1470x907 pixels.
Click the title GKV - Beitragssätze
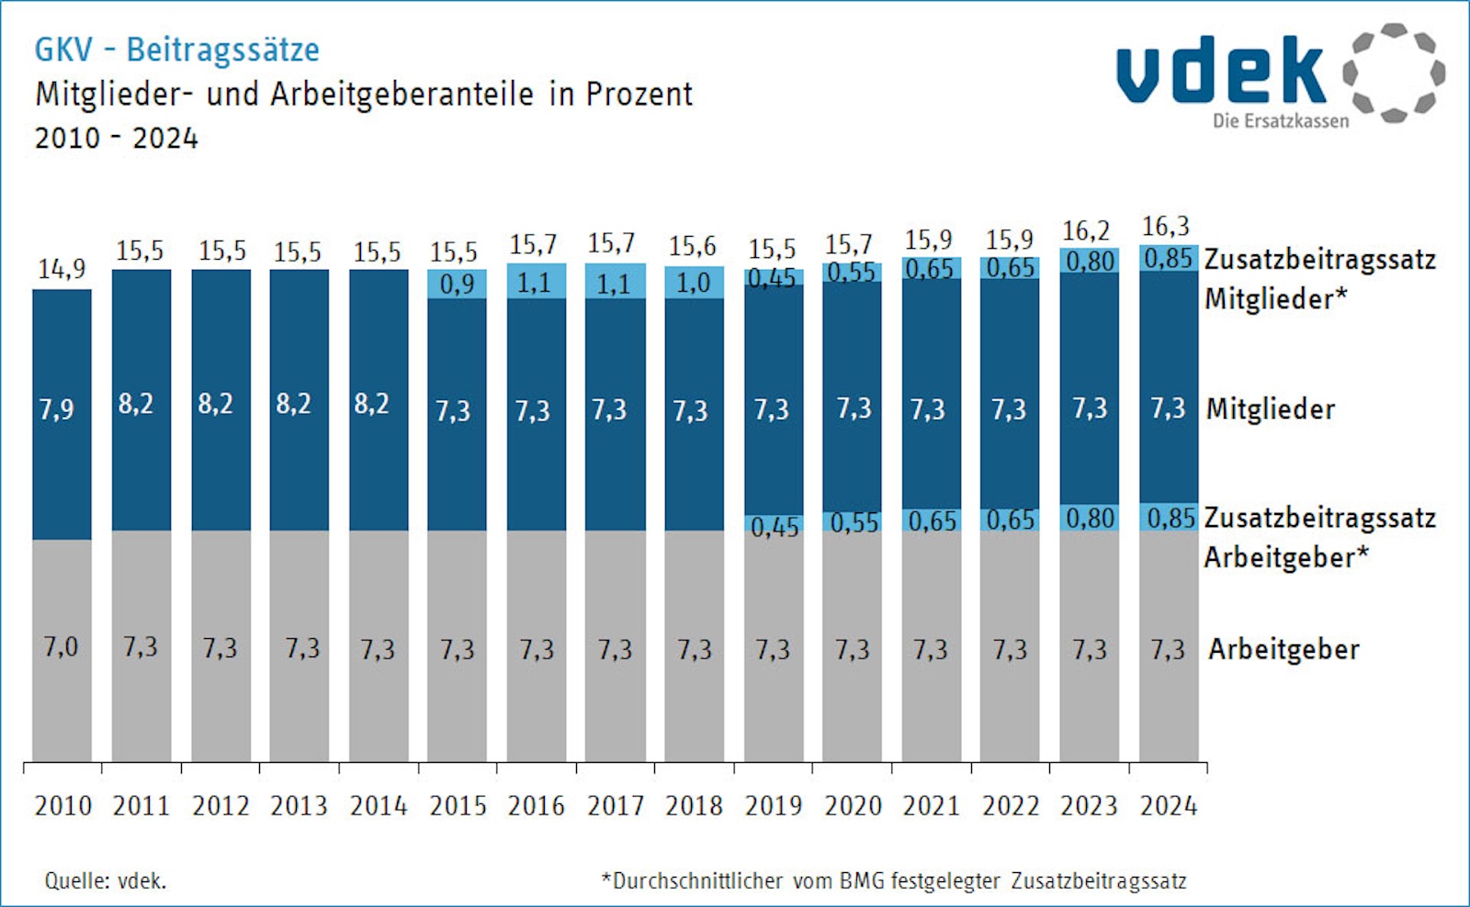(176, 50)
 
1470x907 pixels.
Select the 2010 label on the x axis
(63, 806)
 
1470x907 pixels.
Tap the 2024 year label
(1169, 806)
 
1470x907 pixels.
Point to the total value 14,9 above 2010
(62, 269)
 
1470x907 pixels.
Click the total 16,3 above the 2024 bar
(1165, 227)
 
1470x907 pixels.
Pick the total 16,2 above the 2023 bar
(1086, 231)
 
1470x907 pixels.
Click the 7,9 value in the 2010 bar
(57, 409)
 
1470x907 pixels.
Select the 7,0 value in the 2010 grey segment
(61, 648)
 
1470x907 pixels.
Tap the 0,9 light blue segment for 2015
(457, 285)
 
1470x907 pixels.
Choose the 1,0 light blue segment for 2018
(694, 283)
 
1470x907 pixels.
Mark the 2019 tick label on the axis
(774, 806)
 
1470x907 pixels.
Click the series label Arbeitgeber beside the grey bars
(1283, 650)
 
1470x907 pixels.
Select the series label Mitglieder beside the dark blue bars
(1271, 409)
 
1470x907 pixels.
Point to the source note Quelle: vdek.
(106, 881)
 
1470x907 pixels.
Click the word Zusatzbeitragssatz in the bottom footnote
(1099, 881)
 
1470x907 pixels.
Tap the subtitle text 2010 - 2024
(117, 139)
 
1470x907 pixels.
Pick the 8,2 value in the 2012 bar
(216, 404)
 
